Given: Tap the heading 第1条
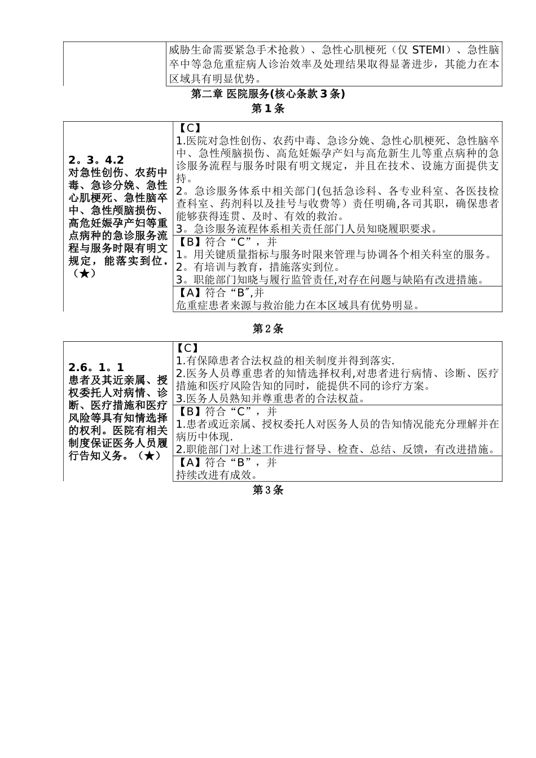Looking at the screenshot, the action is (x=267, y=109).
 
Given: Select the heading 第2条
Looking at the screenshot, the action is (x=267, y=328).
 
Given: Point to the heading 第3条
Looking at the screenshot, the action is (x=267, y=490).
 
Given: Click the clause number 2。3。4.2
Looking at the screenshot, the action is (x=96, y=160).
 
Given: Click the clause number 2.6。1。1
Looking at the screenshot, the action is (x=96, y=367).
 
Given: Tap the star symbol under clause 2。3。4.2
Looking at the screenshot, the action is (x=84, y=274).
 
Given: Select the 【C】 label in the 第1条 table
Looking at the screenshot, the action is (x=188, y=128).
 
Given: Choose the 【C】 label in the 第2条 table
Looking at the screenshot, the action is (x=188, y=349).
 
